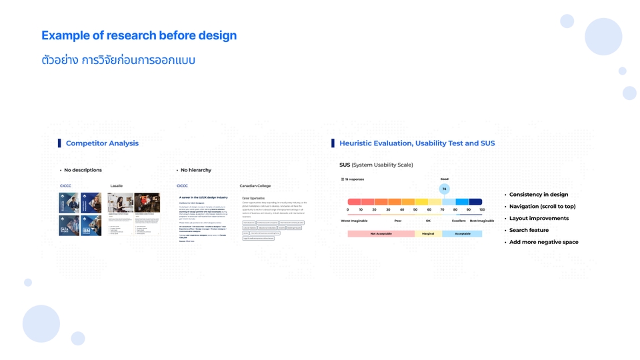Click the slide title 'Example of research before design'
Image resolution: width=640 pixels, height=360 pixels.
139,35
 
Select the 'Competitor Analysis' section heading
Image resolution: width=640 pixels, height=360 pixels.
102,143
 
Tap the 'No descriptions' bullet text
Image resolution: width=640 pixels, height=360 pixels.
83,170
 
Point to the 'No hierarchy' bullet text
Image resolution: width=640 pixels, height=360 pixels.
195,170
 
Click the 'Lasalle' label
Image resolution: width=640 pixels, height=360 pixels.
117,186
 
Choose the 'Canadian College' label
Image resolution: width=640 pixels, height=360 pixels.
255,186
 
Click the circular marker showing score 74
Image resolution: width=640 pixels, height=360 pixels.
444,189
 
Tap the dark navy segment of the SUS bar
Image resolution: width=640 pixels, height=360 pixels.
475,201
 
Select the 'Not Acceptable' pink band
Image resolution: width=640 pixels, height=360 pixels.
381,234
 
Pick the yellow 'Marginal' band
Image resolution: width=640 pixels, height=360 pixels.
428,234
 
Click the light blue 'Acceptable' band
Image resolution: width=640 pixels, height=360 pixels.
462,234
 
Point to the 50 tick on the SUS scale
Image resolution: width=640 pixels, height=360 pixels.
415,210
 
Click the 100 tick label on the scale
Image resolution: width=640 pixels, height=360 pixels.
481,210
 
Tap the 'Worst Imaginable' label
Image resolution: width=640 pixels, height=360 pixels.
355,221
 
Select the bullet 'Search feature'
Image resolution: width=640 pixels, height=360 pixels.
529,230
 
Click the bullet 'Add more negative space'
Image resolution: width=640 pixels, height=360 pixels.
543,242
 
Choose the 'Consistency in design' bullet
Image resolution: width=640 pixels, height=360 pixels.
539,195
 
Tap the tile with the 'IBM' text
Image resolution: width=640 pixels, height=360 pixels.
91,226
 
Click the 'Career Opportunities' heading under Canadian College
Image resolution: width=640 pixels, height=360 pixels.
253,198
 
